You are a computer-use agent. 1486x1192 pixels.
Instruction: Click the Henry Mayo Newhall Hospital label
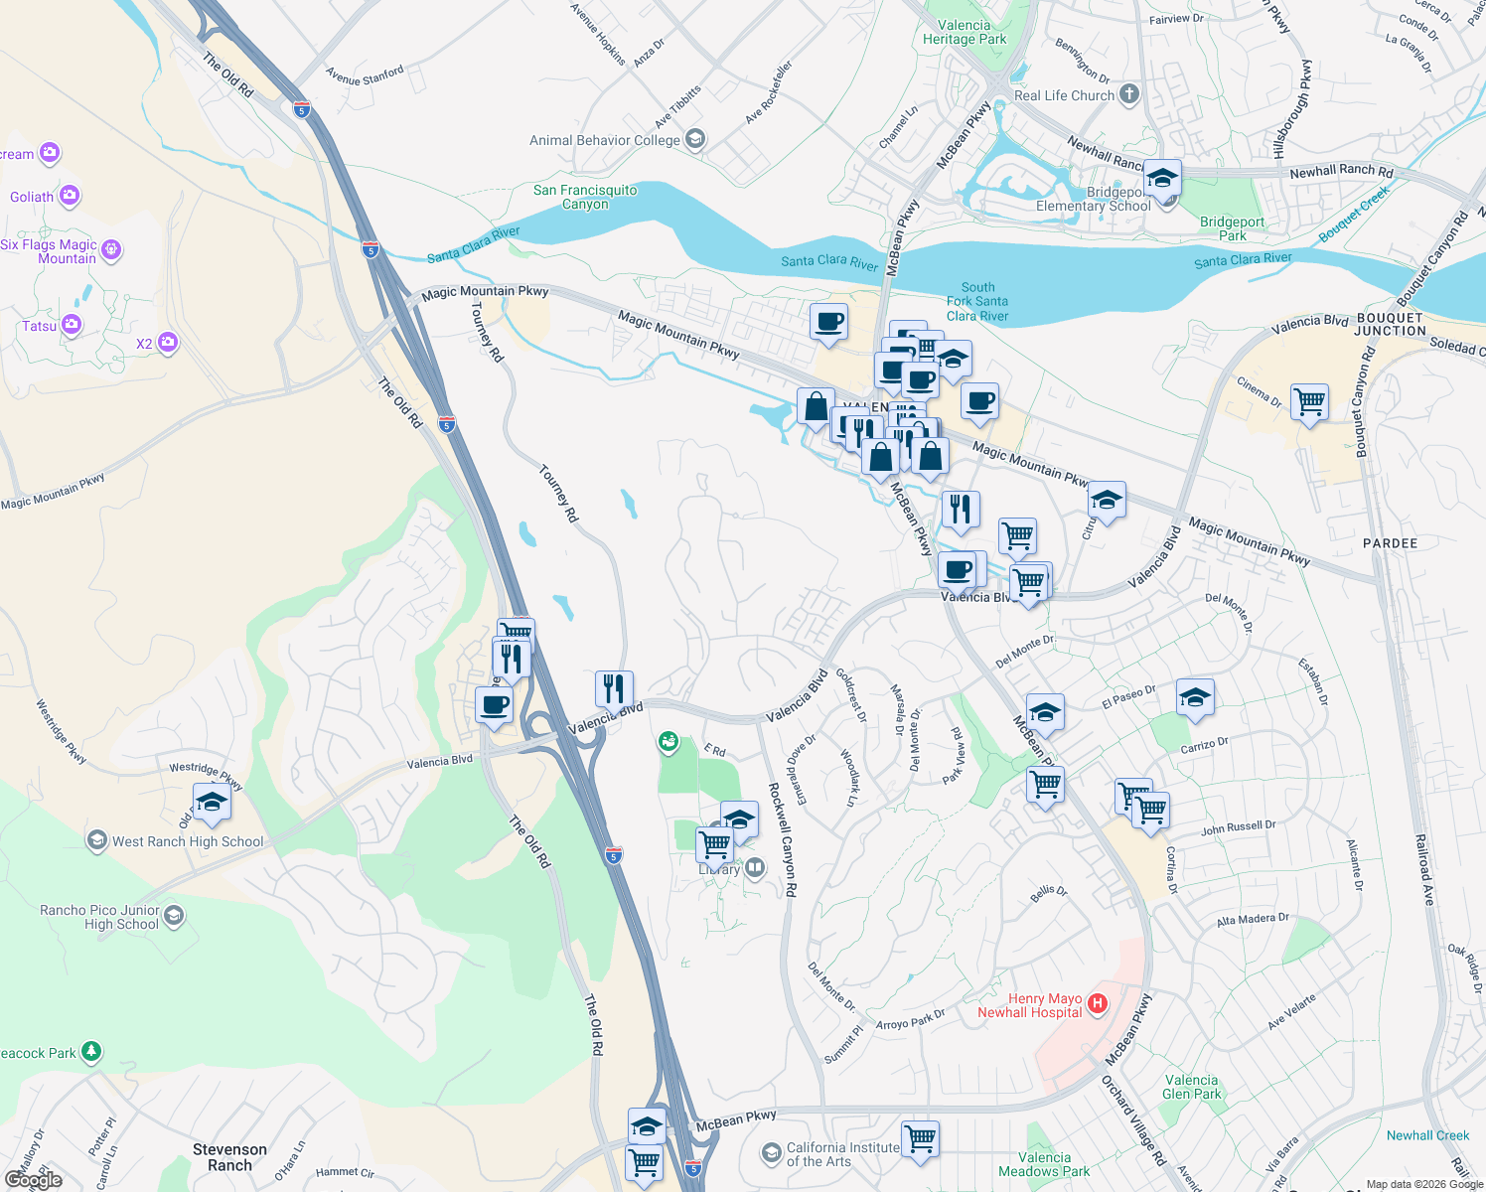[1030, 1005]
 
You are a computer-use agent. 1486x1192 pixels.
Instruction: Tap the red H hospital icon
[1098, 1003]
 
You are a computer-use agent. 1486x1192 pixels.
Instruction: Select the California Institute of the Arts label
[842, 1154]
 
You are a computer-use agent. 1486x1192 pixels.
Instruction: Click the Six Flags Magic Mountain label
[50, 251]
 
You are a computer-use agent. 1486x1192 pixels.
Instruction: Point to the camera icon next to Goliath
[70, 195]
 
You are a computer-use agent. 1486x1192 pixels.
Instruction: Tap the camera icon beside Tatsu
[72, 324]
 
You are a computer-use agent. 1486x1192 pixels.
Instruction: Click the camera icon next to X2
[168, 343]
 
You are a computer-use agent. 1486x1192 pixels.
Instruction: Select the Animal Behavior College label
[605, 140]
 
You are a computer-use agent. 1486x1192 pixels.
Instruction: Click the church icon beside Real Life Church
[1129, 94]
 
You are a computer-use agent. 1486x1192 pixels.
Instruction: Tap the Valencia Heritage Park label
[965, 33]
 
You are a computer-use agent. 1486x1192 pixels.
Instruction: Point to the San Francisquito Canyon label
[585, 197]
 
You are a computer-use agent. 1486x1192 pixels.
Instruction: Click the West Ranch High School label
[188, 841]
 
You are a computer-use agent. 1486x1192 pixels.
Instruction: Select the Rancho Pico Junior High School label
[99, 917]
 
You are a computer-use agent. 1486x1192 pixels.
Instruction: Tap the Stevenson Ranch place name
[229, 1157]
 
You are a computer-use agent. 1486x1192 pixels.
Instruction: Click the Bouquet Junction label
[1390, 324]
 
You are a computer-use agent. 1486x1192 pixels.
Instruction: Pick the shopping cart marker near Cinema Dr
[1309, 402]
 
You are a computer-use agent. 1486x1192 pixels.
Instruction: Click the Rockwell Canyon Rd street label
[783, 839]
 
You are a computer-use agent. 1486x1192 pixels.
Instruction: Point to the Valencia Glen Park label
[1191, 1087]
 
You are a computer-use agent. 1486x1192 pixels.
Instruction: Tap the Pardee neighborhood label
[1390, 543]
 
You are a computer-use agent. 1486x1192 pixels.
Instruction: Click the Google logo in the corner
[33, 1180]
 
